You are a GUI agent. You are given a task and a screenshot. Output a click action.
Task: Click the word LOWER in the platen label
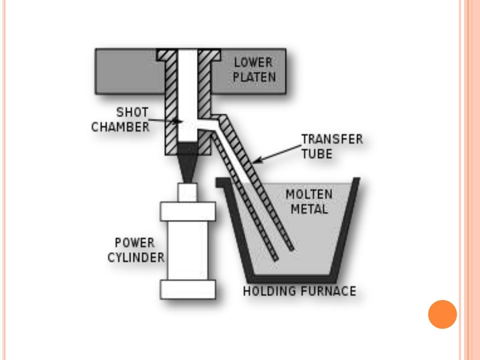[x=253, y=62]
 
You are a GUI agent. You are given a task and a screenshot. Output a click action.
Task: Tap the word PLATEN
[x=255, y=76]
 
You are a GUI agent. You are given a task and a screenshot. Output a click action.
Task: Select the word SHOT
[x=133, y=112]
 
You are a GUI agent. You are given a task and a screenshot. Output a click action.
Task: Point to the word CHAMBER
[x=120, y=127]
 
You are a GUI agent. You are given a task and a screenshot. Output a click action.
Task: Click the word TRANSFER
[x=332, y=139]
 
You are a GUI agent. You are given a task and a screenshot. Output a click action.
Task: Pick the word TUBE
[x=317, y=154]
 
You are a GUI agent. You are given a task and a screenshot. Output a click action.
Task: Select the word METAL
[x=309, y=209]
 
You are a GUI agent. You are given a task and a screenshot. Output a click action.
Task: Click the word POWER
[x=135, y=243]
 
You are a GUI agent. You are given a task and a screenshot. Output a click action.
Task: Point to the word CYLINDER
[x=136, y=257]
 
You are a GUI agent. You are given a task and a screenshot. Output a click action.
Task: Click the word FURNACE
[x=328, y=291]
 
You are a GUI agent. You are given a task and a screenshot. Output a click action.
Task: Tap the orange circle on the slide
[x=442, y=314]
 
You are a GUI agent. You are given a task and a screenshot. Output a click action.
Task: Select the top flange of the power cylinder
[x=188, y=211]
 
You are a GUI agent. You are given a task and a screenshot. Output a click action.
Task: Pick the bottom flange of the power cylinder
[x=188, y=289]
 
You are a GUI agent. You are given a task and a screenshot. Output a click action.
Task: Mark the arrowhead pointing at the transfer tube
[x=255, y=162]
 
